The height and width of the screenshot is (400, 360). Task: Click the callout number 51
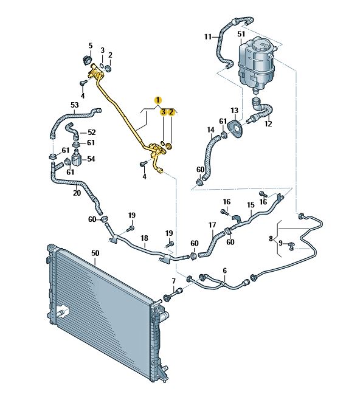(241, 33)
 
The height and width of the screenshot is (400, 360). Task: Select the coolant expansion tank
(256, 64)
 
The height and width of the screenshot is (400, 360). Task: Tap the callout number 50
(95, 253)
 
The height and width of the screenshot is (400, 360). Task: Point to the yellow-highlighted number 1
(158, 100)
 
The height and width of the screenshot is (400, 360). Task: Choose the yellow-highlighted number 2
(171, 112)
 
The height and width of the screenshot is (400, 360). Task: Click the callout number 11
(208, 37)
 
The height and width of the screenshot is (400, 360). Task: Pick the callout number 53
(75, 105)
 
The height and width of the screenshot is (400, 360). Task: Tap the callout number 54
(91, 159)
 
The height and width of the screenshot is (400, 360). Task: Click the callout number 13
(235, 111)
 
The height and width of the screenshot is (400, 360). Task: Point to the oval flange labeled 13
(236, 129)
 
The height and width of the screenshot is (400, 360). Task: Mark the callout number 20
(77, 193)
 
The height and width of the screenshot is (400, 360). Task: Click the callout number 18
(144, 238)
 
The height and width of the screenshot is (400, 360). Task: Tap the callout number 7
(174, 281)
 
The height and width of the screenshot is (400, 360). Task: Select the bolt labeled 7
(173, 294)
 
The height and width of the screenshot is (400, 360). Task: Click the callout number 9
(281, 243)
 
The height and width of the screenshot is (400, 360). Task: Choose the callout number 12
(268, 124)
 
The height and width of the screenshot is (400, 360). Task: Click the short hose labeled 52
(73, 130)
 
